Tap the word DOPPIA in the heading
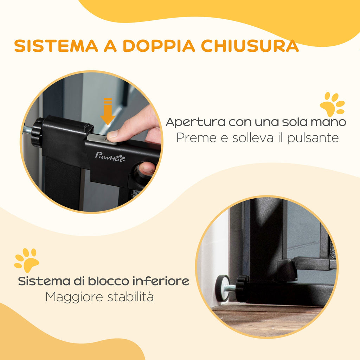coord(159,46)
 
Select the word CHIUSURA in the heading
coord(250,46)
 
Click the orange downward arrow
coord(108,111)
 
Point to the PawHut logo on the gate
coord(110,157)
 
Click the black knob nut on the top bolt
coord(37,132)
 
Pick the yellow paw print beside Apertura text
coord(333,104)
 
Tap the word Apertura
coord(195,122)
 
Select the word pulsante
coord(313,138)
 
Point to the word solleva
coord(253,138)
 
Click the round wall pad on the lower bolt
coord(222,288)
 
